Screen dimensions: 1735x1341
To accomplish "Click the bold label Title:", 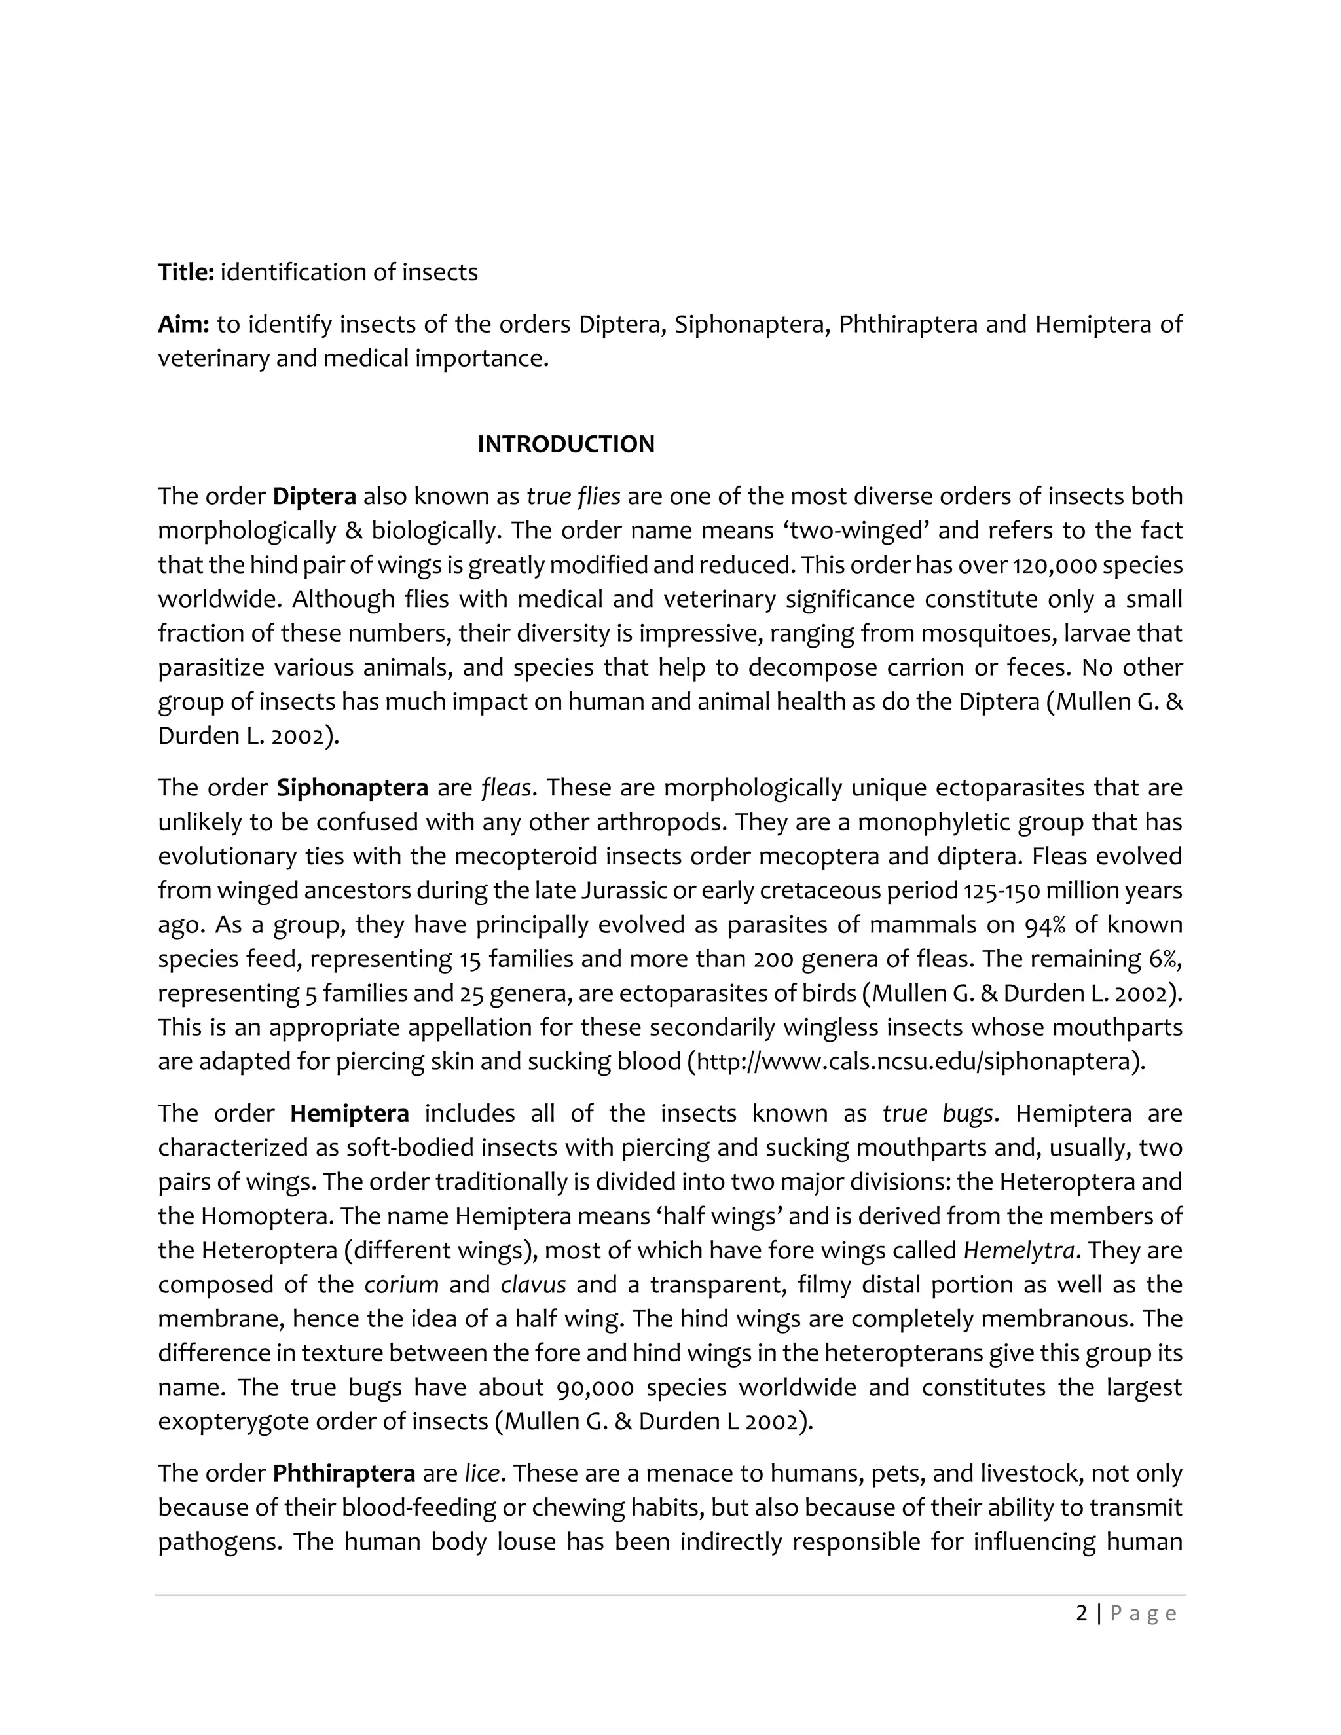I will [x=186, y=272].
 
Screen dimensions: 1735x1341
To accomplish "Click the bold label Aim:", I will [x=183, y=324].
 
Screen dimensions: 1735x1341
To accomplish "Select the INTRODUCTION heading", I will [x=566, y=444].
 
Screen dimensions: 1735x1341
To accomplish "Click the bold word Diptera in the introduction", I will [x=314, y=496].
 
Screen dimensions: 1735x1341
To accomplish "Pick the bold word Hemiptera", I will [x=350, y=1113].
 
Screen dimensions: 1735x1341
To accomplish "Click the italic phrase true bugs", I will [x=938, y=1113].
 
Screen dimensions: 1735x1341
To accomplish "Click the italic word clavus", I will [x=533, y=1285].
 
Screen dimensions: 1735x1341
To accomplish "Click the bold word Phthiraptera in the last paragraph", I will [x=344, y=1474].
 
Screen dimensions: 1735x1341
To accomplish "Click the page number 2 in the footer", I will [x=1081, y=1613].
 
